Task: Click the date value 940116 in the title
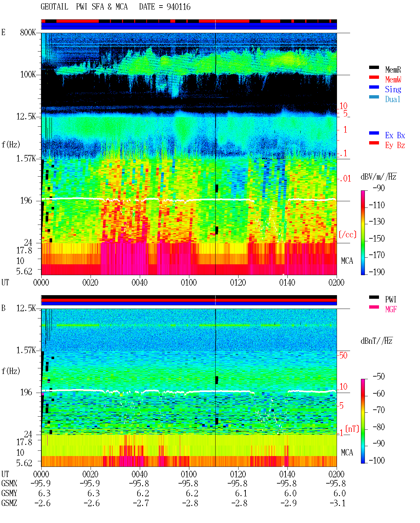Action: click(x=178, y=7)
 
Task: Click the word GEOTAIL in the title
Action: click(x=54, y=7)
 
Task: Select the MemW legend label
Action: click(x=393, y=79)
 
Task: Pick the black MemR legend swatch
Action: click(x=374, y=67)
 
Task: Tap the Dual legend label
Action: click(x=393, y=99)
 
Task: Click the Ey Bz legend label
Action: click(x=395, y=145)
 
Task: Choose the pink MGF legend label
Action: click(x=391, y=309)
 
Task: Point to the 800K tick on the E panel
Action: click(x=28, y=32)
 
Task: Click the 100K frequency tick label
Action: click(x=28, y=75)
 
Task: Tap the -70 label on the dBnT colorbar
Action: click(x=379, y=410)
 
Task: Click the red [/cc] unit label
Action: click(x=347, y=234)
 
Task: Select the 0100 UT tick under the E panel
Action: click(x=189, y=282)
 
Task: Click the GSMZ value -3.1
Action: click(x=338, y=503)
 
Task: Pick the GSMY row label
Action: click(x=9, y=493)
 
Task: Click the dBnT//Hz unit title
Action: click(x=377, y=341)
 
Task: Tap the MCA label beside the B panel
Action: click(x=347, y=452)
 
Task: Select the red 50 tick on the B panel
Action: click(x=343, y=355)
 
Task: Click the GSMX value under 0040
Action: click(x=139, y=483)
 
